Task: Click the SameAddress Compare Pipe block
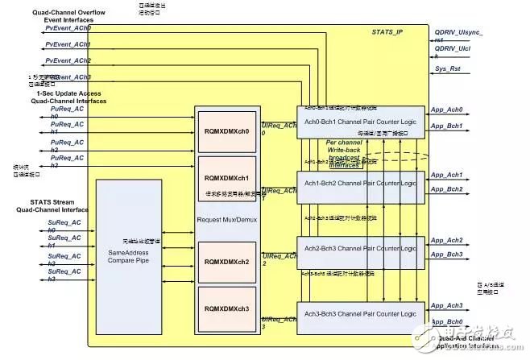point(134,256)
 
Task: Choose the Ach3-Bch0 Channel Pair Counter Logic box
point(361,314)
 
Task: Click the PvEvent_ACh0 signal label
point(68,27)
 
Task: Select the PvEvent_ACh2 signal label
point(68,60)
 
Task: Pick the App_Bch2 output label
point(446,188)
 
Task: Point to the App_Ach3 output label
point(446,305)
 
